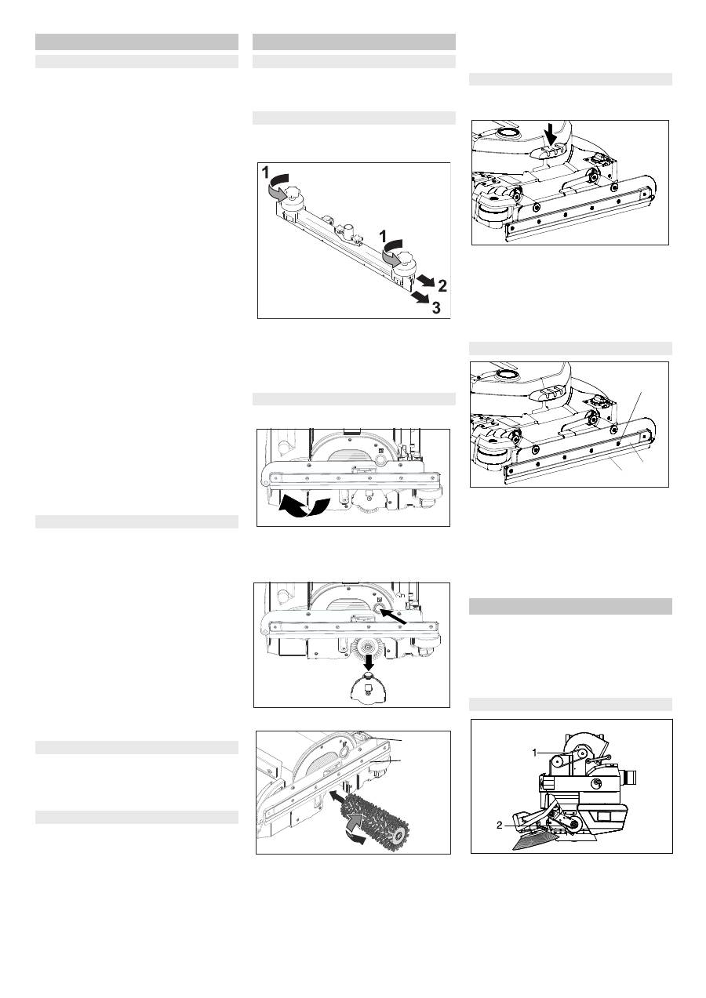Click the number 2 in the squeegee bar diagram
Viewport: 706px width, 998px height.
[x=442, y=285]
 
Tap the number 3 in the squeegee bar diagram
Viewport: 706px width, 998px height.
[x=436, y=307]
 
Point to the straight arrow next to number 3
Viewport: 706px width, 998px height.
[x=420, y=297]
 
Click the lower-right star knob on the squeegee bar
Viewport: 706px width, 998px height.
[x=406, y=258]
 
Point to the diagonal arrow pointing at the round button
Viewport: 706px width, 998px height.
[x=395, y=617]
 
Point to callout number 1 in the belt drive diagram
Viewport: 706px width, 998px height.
[x=535, y=753]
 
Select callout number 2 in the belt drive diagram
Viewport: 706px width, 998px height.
[x=500, y=826]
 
